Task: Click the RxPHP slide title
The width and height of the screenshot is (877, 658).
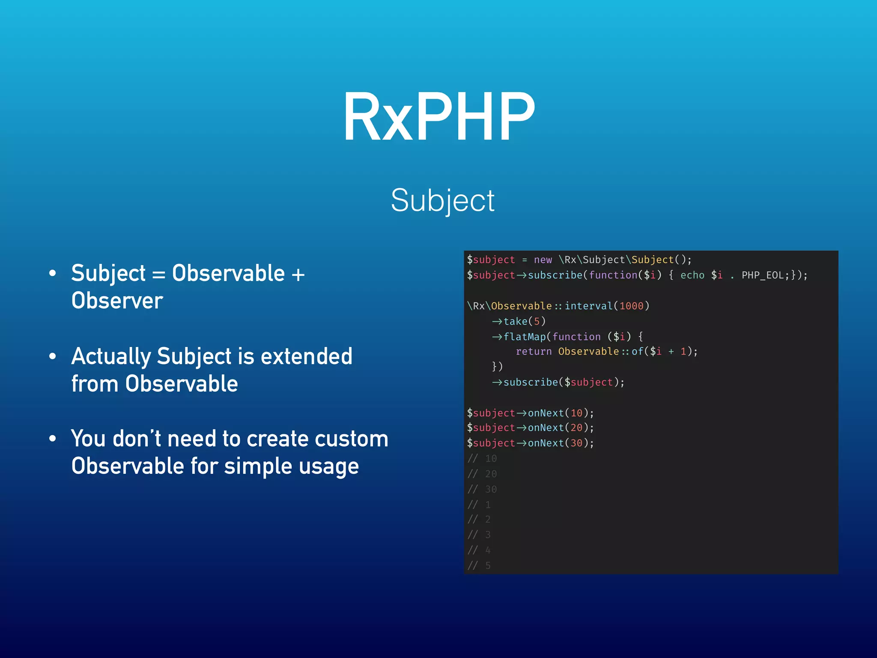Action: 439,117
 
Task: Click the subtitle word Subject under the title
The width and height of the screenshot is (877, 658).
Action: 442,200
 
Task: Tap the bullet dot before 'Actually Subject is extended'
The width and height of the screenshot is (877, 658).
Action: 53,356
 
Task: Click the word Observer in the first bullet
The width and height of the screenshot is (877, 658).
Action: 117,300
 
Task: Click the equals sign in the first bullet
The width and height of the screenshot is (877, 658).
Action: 158,274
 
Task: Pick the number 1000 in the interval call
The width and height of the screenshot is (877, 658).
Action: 631,306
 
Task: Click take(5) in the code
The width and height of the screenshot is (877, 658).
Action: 524,321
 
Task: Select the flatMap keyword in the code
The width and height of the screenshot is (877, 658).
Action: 524,337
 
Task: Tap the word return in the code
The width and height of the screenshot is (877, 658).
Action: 534,352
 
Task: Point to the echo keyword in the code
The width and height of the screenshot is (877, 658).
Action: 692,275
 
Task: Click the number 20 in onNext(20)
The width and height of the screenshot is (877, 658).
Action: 576,428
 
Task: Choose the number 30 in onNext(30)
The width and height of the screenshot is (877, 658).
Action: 576,443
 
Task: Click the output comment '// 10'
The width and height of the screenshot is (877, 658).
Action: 482,459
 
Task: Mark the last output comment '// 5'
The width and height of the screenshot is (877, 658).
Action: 479,566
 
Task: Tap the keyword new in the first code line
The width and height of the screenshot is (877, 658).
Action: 543,260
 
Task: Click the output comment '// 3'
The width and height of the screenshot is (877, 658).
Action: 479,535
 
